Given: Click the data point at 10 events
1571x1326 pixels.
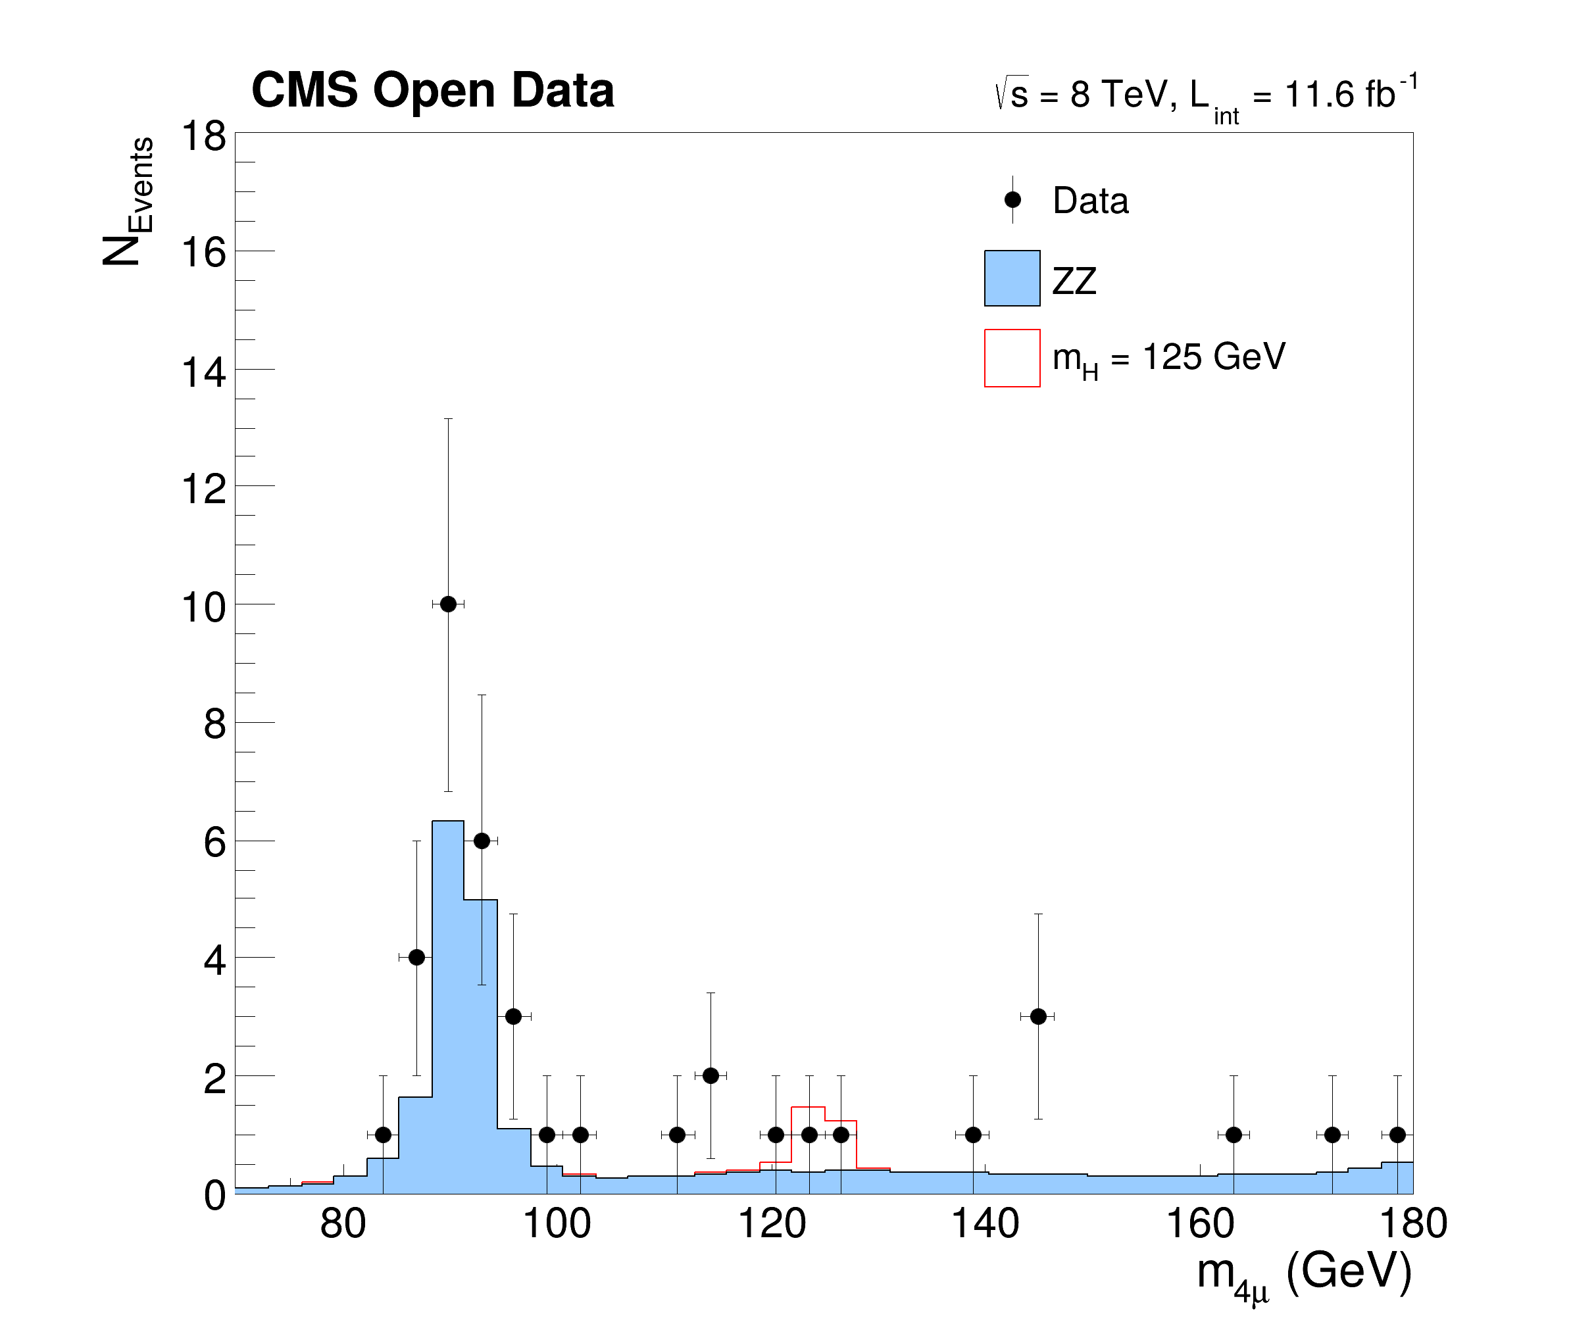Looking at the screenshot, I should [x=448, y=604].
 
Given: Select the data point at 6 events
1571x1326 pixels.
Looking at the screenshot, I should [x=482, y=841].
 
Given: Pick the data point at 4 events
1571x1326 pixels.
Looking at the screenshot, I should [x=416, y=958].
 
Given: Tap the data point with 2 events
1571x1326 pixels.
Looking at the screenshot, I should [x=711, y=1075].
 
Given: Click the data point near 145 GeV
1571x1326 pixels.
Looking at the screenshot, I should [x=1038, y=1016].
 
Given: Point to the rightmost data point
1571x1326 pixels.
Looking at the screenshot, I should [x=1397, y=1135].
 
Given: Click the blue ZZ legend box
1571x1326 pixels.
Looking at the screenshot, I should [x=1012, y=278].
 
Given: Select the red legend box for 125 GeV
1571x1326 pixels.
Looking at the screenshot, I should [x=1012, y=358].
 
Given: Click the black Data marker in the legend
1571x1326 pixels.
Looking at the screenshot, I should [x=1012, y=200].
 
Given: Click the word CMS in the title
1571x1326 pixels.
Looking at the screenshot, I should [x=305, y=90].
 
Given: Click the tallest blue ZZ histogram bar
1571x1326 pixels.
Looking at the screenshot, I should [x=448, y=1007].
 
